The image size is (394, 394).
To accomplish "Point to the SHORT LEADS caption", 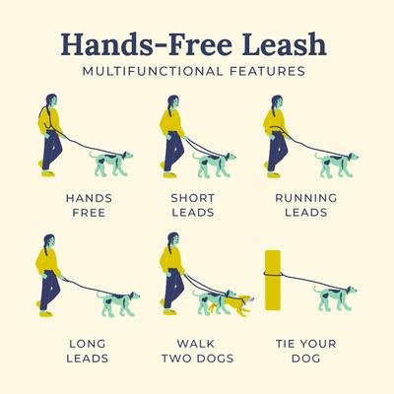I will tap(193, 204).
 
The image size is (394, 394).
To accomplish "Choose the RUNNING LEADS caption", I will tap(305, 204).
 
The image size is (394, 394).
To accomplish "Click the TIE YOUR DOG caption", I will tap(305, 351).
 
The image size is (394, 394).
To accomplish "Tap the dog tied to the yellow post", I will tap(335, 297).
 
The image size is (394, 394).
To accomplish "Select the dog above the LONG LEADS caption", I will tap(121, 299).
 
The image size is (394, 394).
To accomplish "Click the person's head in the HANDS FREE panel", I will tap(51, 101).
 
